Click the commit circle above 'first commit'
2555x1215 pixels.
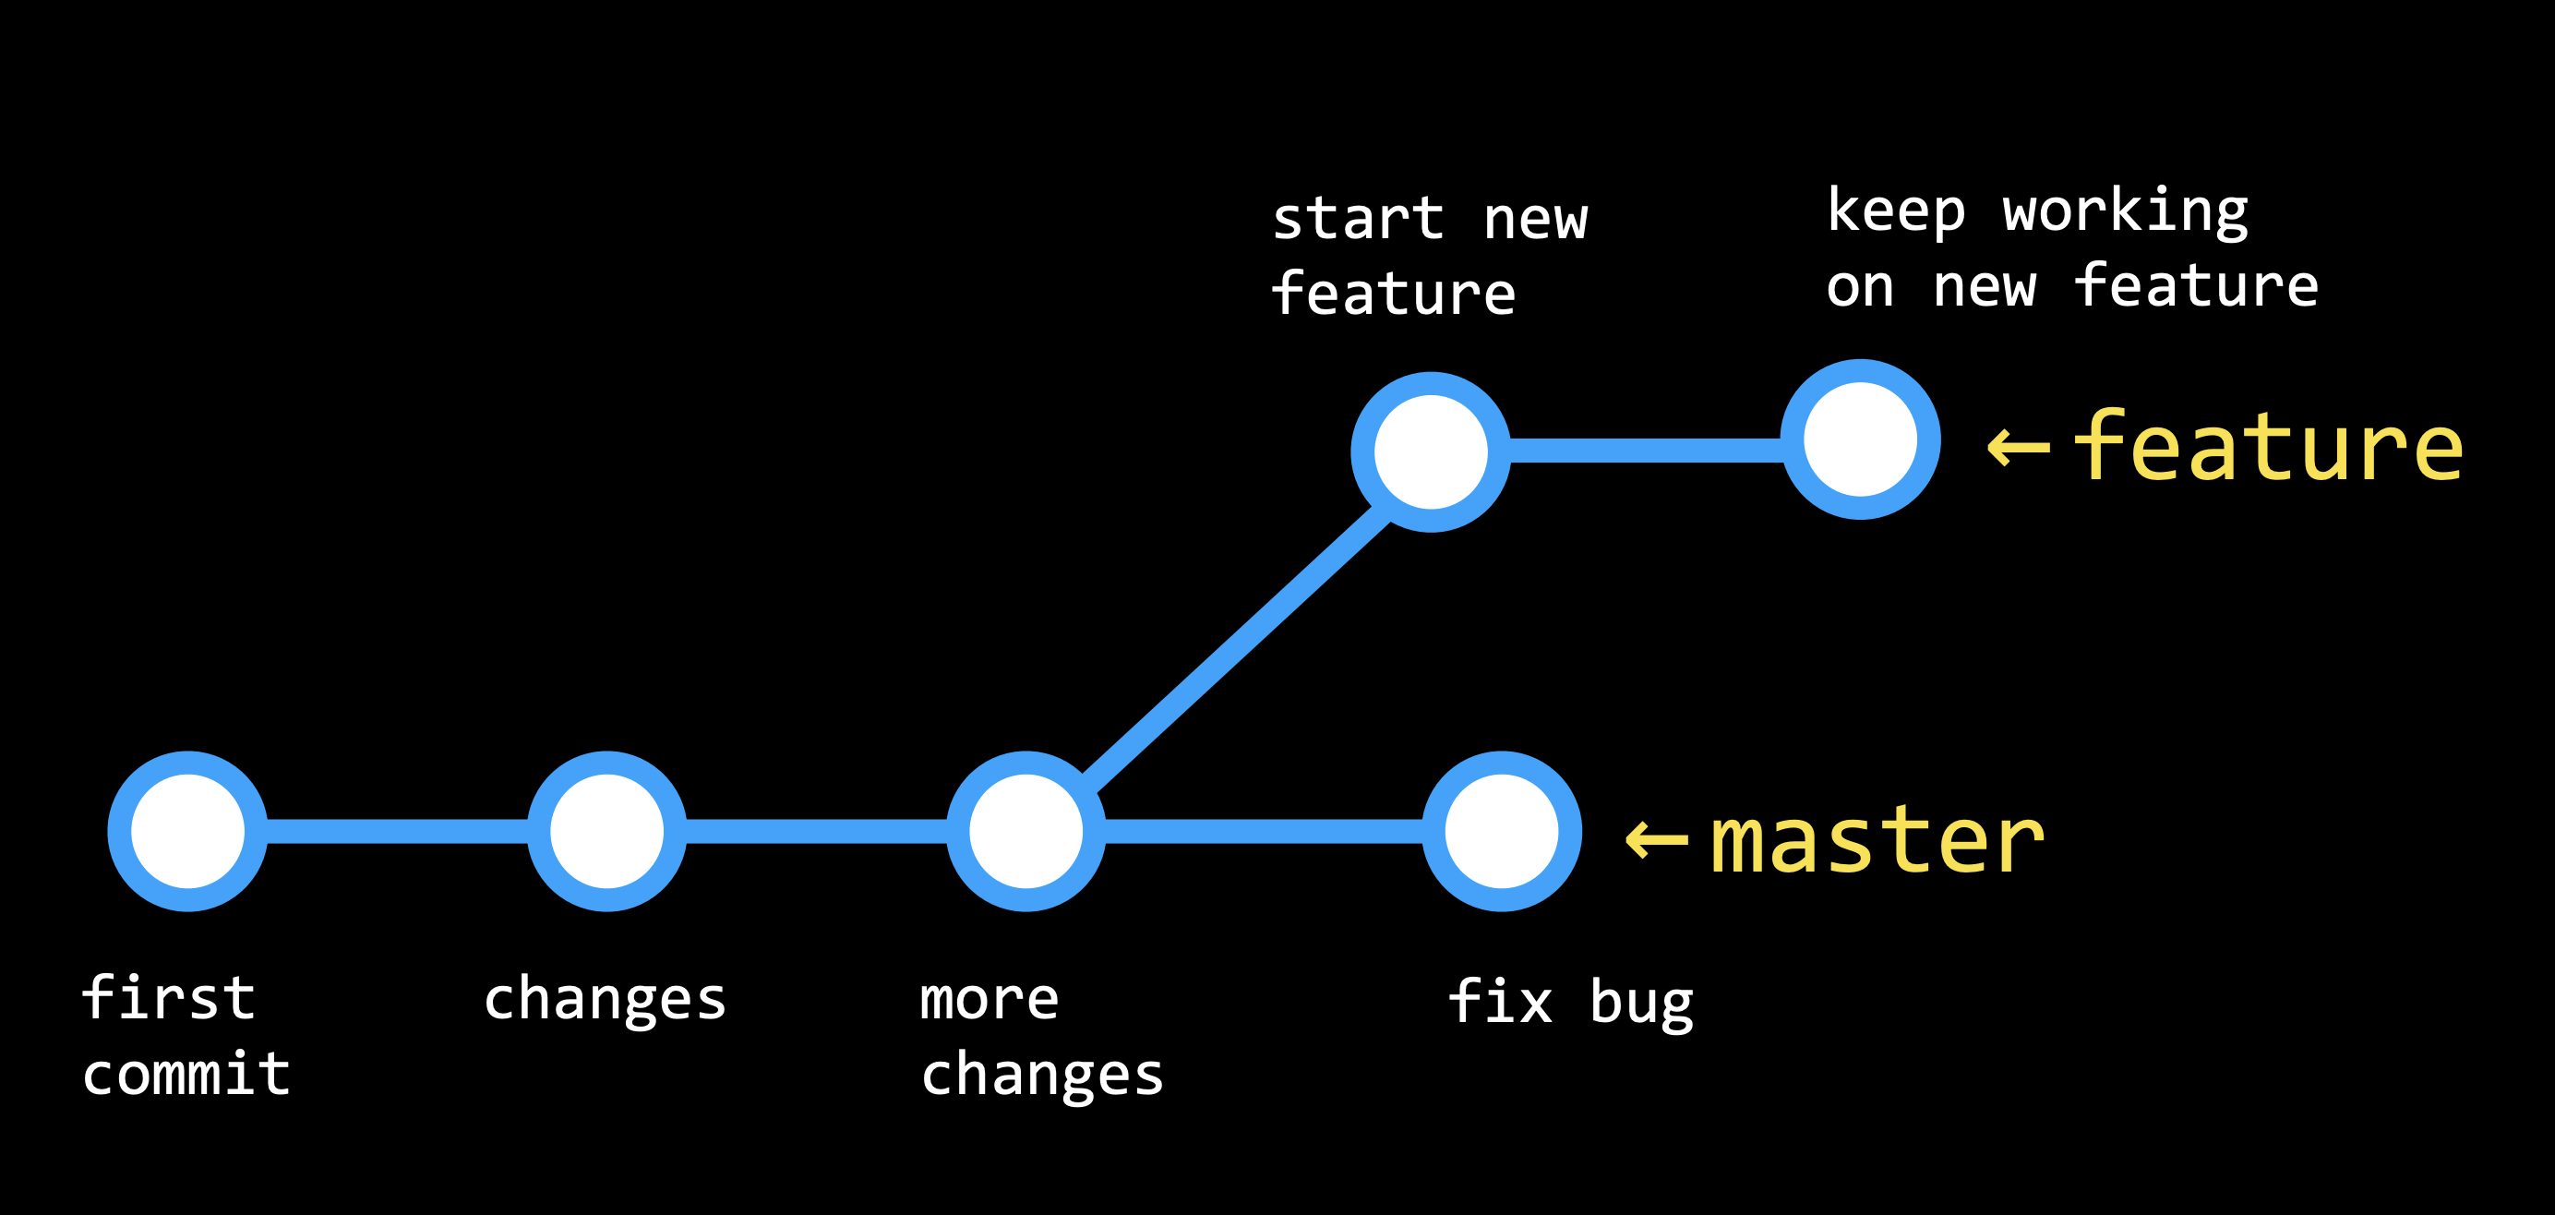click(187, 831)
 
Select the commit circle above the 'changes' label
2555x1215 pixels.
click(606, 831)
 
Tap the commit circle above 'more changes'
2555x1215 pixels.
click(1026, 831)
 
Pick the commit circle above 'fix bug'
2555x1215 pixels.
click(1502, 831)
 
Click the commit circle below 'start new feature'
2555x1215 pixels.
click(1430, 452)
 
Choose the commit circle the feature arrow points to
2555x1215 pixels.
click(1860, 439)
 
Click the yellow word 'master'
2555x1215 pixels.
click(1877, 841)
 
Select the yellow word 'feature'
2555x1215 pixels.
click(2267, 449)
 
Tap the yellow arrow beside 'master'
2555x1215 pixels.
click(1656, 841)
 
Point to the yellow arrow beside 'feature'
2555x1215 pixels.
click(2019, 449)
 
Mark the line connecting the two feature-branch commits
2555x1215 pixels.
click(1645, 451)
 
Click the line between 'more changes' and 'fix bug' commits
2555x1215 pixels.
click(1264, 831)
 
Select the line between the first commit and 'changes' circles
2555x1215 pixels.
click(397, 831)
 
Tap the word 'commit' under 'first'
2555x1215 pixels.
click(186, 1074)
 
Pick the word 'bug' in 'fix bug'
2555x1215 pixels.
click(1641, 1003)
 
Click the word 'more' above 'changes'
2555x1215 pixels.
click(989, 999)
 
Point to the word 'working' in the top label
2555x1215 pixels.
click(2125, 211)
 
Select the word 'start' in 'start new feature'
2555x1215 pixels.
click(1357, 219)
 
